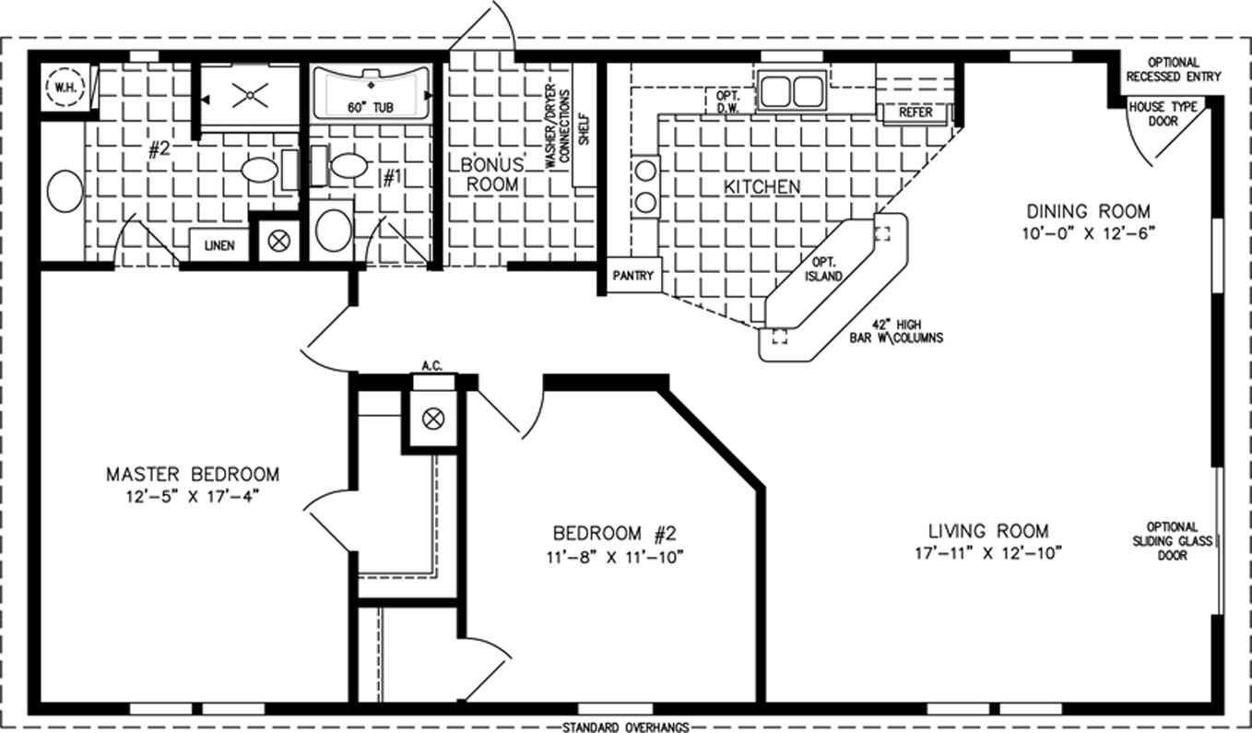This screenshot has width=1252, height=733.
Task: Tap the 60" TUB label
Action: pos(370,107)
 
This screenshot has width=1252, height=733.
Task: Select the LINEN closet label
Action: pos(219,245)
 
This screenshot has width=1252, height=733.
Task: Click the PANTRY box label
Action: pos(632,276)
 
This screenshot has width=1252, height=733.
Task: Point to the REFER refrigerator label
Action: pos(915,112)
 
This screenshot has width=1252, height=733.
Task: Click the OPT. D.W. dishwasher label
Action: pos(727,102)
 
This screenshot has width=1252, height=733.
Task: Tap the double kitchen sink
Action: pos(792,91)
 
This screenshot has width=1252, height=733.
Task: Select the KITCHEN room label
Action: pos(762,187)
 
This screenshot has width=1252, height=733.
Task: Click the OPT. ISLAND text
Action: pos(823,269)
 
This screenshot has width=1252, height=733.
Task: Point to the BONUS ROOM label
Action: pos(492,174)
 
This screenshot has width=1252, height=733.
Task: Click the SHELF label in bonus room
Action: pos(585,130)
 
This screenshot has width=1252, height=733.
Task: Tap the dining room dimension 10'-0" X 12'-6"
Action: pos(1088,233)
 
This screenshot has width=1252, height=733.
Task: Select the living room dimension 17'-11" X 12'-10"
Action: pos(988,553)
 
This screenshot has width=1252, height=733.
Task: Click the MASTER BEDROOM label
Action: pos(193,474)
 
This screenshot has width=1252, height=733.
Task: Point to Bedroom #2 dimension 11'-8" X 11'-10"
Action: pos(615,557)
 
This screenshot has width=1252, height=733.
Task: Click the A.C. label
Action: pos(431,366)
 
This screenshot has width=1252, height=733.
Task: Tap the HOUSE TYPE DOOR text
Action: pos(1163,114)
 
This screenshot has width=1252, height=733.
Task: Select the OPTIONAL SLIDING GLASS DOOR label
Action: pos(1172,540)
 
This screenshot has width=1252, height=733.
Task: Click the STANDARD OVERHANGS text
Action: pos(625,727)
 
